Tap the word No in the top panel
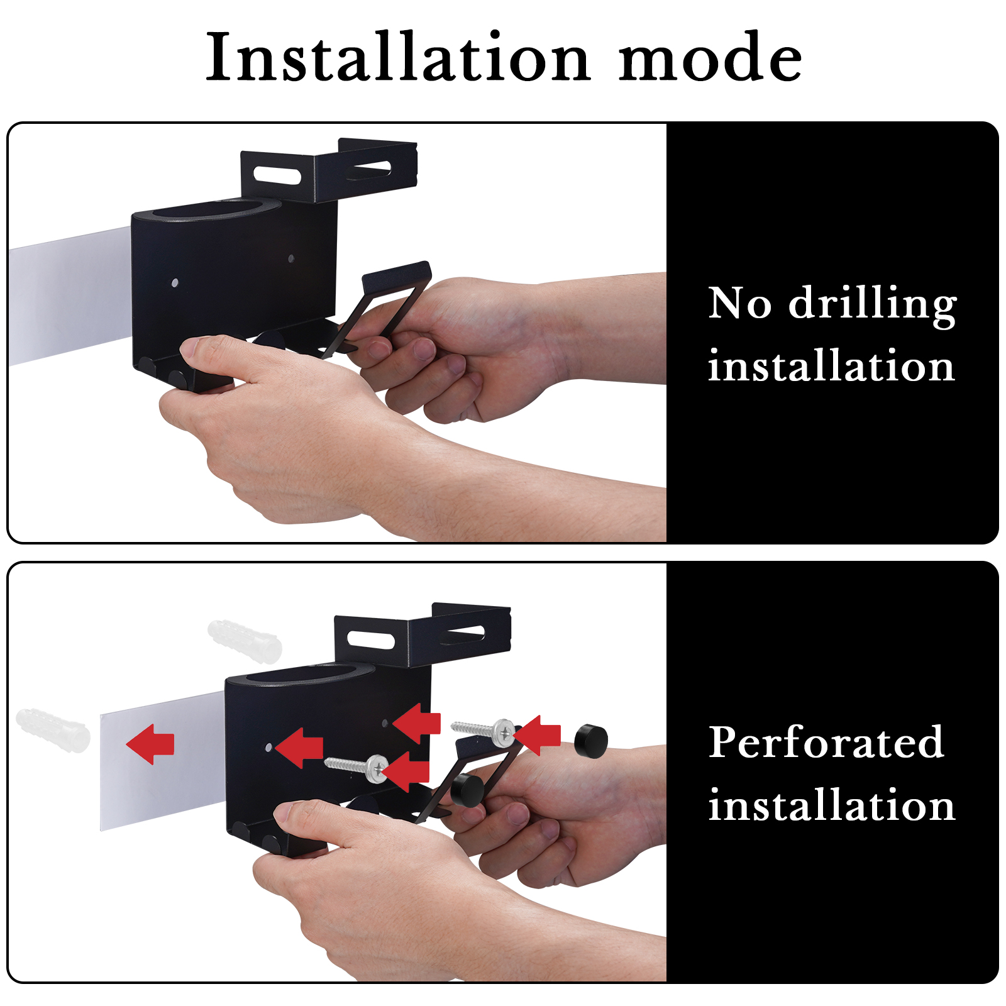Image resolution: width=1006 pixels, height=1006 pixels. pyautogui.click(x=739, y=303)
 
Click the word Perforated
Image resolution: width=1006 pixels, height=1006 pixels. pyautogui.click(x=826, y=743)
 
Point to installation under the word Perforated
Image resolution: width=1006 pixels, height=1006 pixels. pyautogui.click(x=831, y=805)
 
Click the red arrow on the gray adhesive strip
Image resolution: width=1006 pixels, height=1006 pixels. pyautogui.click(x=150, y=744)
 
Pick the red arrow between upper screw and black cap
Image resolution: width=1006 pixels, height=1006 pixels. pyautogui.click(x=537, y=735)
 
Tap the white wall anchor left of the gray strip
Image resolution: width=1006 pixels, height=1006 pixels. pyautogui.click(x=53, y=731)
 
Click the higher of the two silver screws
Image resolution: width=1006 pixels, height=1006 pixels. pyautogui.click(x=484, y=731)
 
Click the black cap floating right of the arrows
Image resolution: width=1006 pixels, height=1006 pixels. pyautogui.click(x=591, y=741)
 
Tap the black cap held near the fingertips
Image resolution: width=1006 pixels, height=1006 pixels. pyautogui.click(x=467, y=790)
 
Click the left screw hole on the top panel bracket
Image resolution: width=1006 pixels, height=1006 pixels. pyautogui.click(x=175, y=283)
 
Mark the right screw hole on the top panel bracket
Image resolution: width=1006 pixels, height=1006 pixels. pyautogui.click(x=290, y=258)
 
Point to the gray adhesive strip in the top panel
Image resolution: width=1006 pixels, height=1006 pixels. pyautogui.click(x=70, y=296)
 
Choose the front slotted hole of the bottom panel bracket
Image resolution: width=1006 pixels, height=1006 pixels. pyautogui.click(x=371, y=640)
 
